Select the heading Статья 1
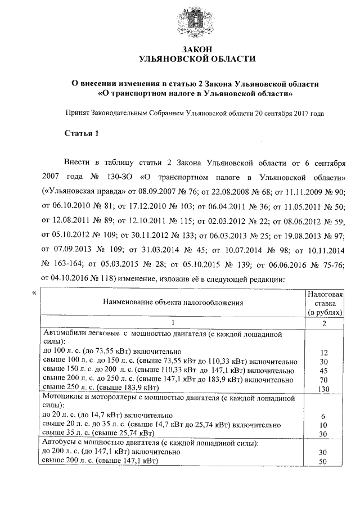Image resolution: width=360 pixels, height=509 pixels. coord(82,134)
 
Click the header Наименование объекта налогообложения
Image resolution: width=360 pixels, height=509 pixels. coord(173,303)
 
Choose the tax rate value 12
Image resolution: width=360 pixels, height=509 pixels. coord(323,352)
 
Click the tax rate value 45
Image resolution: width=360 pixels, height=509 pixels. coord(323,370)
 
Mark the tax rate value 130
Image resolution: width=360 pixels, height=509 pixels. coord(323,388)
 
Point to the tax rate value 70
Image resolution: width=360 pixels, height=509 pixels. coord(323,379)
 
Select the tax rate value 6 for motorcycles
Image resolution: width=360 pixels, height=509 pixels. coord(323,415)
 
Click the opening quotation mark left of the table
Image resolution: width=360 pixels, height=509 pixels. coord(35,293)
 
